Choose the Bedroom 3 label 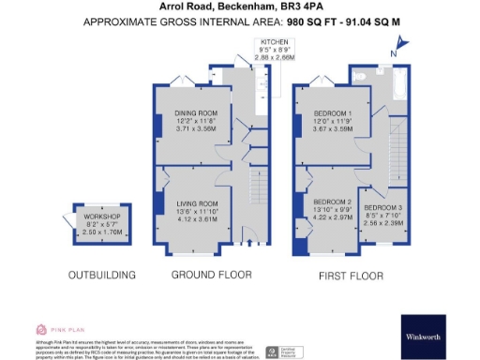[382, 206]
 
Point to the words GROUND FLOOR [211, 276]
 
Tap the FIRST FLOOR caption [352, 276]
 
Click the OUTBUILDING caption [103, 276]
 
